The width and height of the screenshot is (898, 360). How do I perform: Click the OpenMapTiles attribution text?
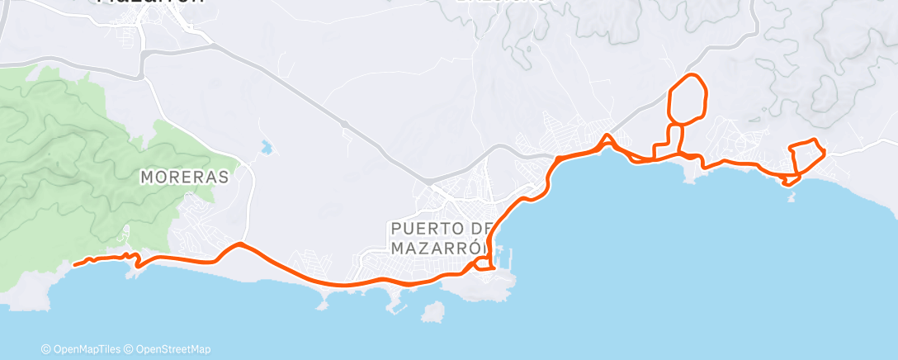click(83, 349)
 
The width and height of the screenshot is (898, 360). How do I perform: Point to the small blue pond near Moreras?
click(265, 148)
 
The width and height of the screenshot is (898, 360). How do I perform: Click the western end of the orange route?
click(74, 265)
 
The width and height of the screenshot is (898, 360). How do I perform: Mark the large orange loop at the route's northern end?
click(687, 99)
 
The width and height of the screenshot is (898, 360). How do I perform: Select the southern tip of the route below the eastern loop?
click(788, 184)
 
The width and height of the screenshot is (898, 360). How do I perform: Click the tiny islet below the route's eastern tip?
click(792, 198)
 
